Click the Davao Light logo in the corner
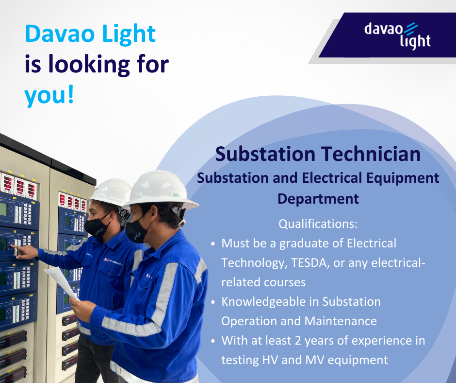click(397, 35)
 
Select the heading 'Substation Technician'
click(318, 154)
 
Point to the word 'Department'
click(318, 199)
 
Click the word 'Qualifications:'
click(318, 225)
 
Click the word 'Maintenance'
click(341, 321)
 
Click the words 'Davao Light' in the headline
click(90, 34)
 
